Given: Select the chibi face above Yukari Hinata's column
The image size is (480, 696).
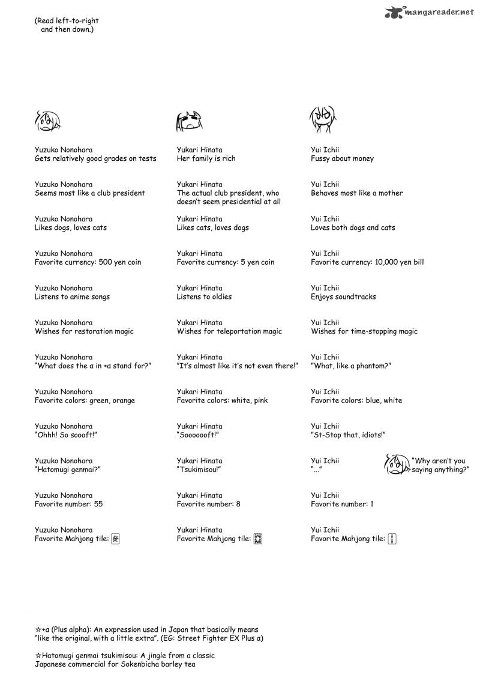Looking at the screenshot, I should (188, 122).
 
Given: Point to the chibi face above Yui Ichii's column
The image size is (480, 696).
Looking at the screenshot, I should (323, 120).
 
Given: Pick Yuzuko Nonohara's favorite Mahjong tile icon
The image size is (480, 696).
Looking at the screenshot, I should (116, 539).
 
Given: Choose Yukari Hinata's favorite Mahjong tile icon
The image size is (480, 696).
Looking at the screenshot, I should (258, 539).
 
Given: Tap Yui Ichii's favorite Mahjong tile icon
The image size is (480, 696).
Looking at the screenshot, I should (392, 539).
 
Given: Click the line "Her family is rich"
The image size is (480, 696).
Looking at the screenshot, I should (206, 159).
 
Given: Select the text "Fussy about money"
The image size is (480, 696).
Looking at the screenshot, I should (342, 159).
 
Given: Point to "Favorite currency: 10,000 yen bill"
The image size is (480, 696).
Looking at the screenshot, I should (367, 262).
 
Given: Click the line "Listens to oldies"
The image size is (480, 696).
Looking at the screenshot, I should (204, 297).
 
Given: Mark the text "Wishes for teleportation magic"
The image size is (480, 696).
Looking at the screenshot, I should (229, 331).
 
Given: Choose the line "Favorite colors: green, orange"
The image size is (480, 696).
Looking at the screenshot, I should (85, 401).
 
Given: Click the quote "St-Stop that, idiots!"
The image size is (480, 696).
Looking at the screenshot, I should (347, 435).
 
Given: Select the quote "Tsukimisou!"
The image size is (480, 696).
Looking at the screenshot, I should (199, 470).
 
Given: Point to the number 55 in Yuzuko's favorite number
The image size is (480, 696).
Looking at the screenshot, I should (98, 505).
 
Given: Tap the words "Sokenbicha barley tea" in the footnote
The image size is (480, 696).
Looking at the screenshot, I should (159, 664).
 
